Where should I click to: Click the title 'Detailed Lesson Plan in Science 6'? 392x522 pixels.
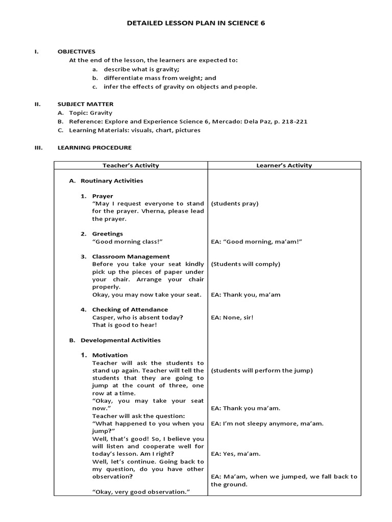tap(196, 23)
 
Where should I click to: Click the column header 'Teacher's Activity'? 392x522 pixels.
tap(131, 165)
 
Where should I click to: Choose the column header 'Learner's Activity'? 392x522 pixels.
tap(284, 165)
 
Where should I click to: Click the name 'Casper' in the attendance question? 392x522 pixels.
tap(103, 317)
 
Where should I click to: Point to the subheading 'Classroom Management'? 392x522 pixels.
tap(131, 256)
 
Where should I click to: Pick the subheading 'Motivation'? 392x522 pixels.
tap(110, 355)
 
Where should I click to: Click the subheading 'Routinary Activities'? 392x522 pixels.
tap(112, 180)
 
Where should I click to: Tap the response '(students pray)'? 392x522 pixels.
tap(235, 203)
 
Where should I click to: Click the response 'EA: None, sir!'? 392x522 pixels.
tap(232, 317)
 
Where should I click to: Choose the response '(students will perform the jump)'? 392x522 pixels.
tap(262, 370)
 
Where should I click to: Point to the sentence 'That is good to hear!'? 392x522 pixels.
tap(125, 325)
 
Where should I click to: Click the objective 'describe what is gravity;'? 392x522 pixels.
tap(141, 69)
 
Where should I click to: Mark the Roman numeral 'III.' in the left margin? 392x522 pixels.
tap(37, 147)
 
